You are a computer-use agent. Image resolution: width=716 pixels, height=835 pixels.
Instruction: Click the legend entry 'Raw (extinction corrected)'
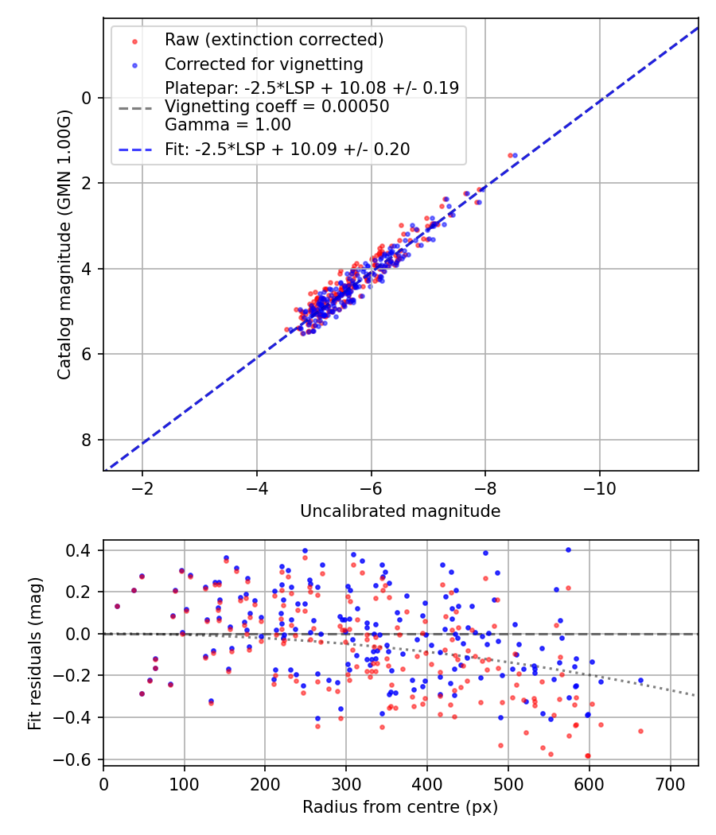pos(274,40)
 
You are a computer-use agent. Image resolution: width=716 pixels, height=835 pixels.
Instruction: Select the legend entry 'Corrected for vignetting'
pos(263,64)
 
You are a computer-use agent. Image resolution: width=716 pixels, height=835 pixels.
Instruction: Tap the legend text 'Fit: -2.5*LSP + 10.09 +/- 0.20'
pos(287,149)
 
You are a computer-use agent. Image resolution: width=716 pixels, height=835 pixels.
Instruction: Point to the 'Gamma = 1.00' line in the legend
pos(228,125)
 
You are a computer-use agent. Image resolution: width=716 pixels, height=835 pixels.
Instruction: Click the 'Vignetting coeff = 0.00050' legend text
pos(277,107)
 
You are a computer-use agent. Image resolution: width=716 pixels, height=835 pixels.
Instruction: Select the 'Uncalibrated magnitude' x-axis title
pos(400,511)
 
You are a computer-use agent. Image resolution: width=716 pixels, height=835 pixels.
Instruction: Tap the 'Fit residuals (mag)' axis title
pos(34,654)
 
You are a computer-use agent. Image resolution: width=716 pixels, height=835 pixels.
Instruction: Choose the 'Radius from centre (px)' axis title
pos(400,807)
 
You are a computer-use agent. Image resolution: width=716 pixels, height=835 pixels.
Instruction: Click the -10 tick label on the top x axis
pos(599,488)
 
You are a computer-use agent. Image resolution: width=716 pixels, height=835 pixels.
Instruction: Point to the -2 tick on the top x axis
pos(142,488)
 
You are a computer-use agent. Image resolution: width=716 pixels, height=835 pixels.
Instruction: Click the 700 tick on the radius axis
pos(670,784)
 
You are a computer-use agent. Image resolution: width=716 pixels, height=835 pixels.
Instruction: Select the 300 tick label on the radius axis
pos(346,784)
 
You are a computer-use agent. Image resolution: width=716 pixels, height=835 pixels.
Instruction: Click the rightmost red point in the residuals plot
pos(640,731)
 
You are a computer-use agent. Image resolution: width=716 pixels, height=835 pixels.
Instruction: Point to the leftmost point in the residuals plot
pos(117,606)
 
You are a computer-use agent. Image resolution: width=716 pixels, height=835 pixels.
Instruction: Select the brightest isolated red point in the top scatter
pos(510,155)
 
